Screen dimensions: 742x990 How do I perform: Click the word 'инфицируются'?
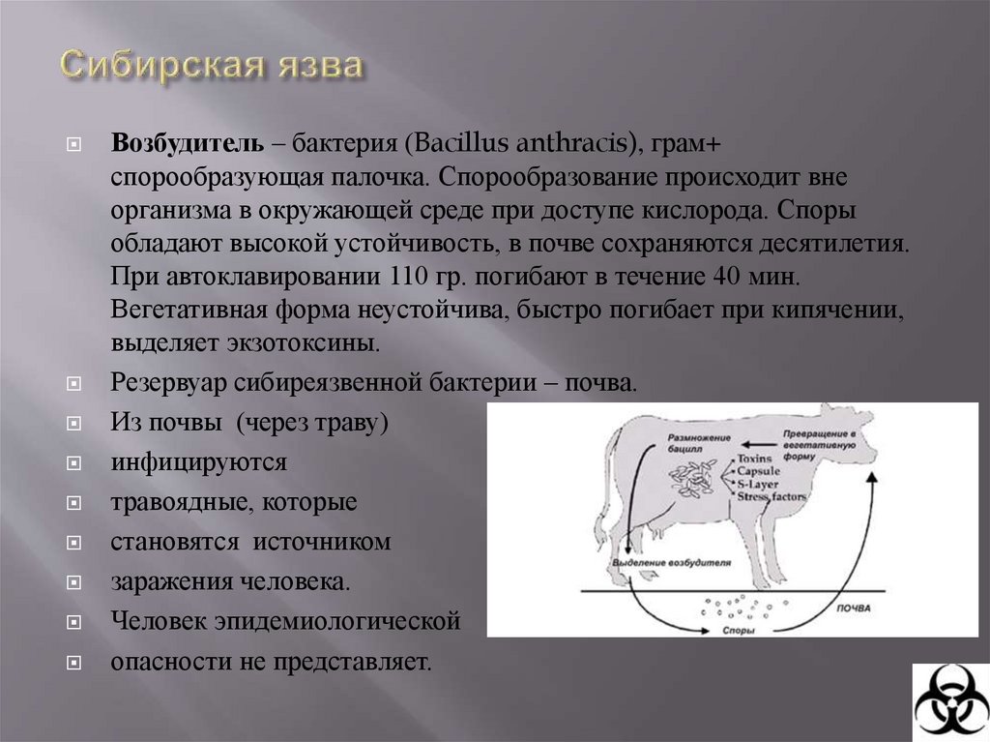(198, 461)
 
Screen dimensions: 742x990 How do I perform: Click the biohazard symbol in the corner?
(950, 702)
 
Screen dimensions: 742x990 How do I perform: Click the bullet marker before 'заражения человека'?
(73, 582)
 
